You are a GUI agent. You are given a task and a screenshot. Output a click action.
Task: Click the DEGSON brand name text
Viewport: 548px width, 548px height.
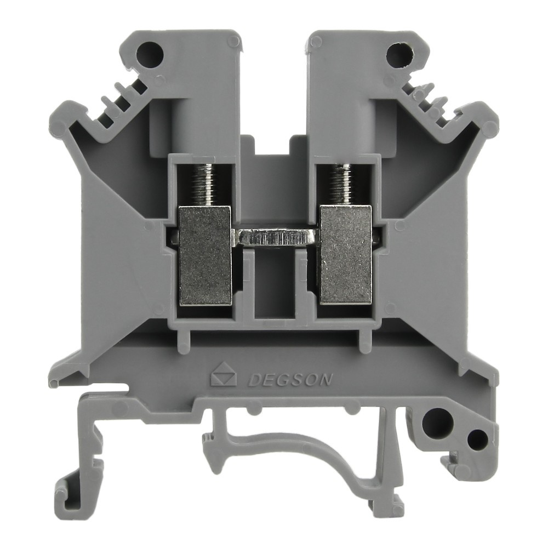(289, 379)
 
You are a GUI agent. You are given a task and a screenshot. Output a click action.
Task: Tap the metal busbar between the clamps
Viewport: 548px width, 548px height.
(276, 238)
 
